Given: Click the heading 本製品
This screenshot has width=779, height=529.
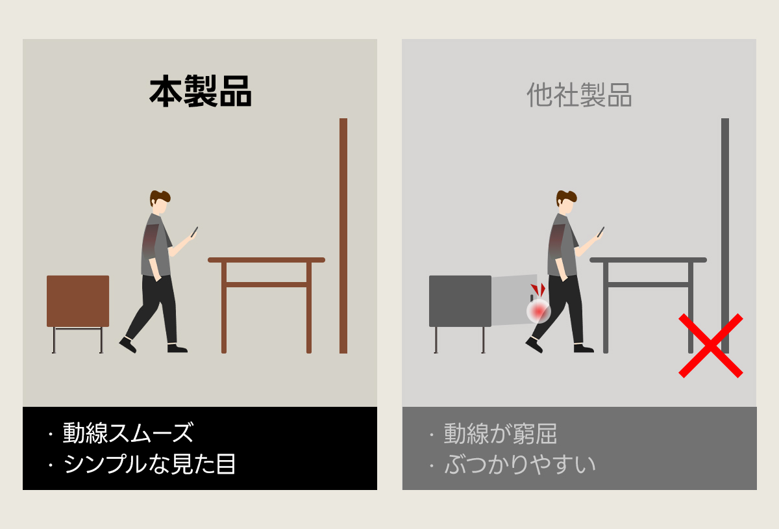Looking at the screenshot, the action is click(201, 91).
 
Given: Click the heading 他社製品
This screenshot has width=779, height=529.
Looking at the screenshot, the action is click(579, 95).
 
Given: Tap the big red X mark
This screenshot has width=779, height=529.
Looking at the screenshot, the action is click(710, 346).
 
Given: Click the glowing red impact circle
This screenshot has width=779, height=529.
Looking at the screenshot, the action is click(538, 311).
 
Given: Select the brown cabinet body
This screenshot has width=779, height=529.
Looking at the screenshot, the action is click(78, 302).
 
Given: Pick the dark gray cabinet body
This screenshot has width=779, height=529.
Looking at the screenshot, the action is click(460, 302).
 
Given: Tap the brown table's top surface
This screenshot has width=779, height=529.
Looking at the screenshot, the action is click(266, 260).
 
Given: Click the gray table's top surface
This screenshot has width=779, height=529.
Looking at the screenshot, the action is click(649, 260).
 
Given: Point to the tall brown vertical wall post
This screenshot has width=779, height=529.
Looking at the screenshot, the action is click(343, 236).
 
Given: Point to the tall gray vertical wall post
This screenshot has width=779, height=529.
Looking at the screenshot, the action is click(725, 236).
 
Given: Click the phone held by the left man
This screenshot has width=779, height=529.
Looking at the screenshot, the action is click(194, 232).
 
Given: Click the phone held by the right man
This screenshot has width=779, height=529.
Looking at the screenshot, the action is click(600, 232).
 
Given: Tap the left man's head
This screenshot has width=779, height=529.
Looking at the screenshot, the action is click(160, 202).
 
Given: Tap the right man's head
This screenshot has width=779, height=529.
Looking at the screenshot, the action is click(566, 202).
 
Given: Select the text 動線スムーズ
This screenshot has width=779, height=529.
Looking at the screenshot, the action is click(128, 433).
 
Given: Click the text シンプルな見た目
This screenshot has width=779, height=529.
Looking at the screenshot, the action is click(149, 464).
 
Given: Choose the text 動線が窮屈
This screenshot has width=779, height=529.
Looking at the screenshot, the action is click(501, 433).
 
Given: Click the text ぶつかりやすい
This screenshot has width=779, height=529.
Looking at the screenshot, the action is click(520, 464).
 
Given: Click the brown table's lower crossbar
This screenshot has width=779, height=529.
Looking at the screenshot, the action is click(266, 285).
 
